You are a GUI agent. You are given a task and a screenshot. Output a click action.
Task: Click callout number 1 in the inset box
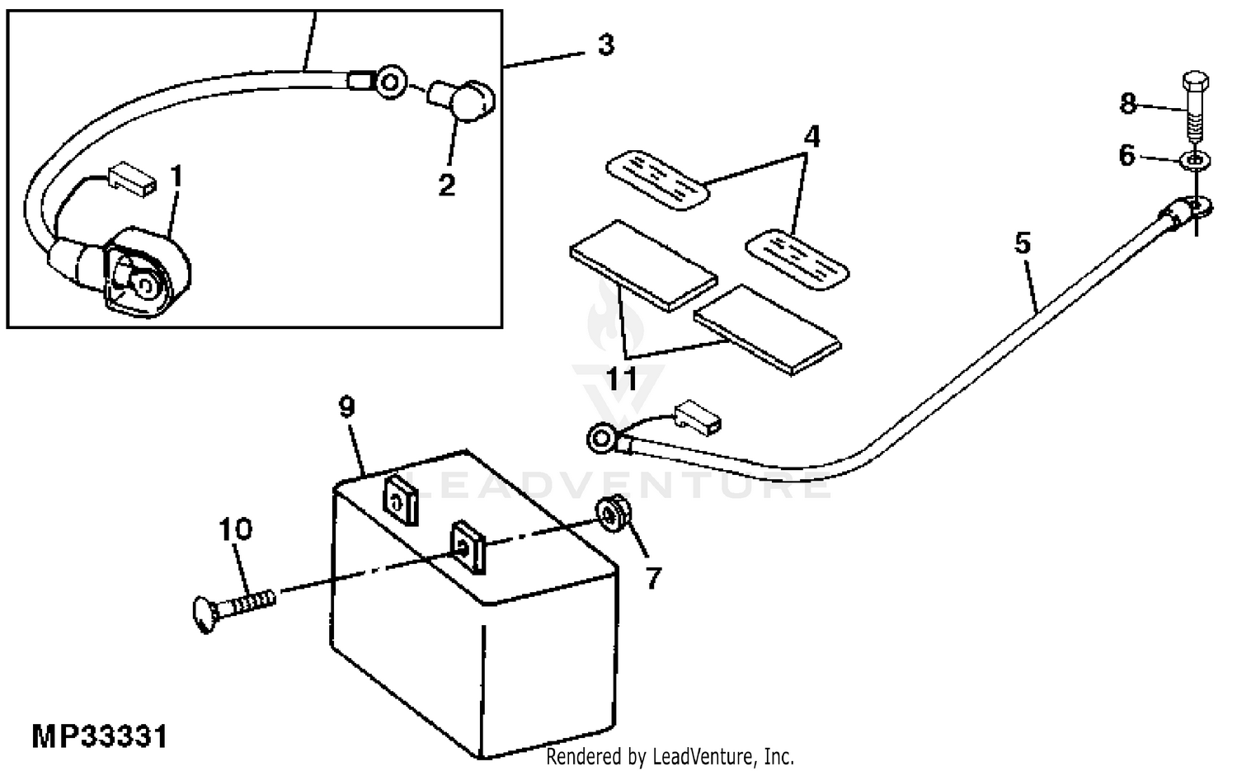(175, 176)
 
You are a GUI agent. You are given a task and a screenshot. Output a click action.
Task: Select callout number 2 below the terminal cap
(446, 185)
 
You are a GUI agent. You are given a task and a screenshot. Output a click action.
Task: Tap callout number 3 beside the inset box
(606, 45)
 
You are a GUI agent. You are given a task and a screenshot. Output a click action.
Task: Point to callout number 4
(811, 137)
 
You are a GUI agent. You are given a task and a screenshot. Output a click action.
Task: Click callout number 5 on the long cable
(1023, 243)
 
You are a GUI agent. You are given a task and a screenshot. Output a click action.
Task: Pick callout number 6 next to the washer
(1127, 155)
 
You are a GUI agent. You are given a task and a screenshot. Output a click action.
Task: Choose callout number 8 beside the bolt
(1127, 103)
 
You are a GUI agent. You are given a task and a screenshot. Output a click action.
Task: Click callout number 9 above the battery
(346, 407)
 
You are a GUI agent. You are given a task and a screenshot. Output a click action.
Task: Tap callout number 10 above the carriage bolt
(235, 529)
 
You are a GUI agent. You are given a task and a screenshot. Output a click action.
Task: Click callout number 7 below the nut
(653, 579)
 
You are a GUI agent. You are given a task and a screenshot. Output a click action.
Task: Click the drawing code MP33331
(100, 736)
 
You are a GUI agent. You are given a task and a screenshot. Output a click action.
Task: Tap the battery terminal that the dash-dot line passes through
(467, 545)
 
